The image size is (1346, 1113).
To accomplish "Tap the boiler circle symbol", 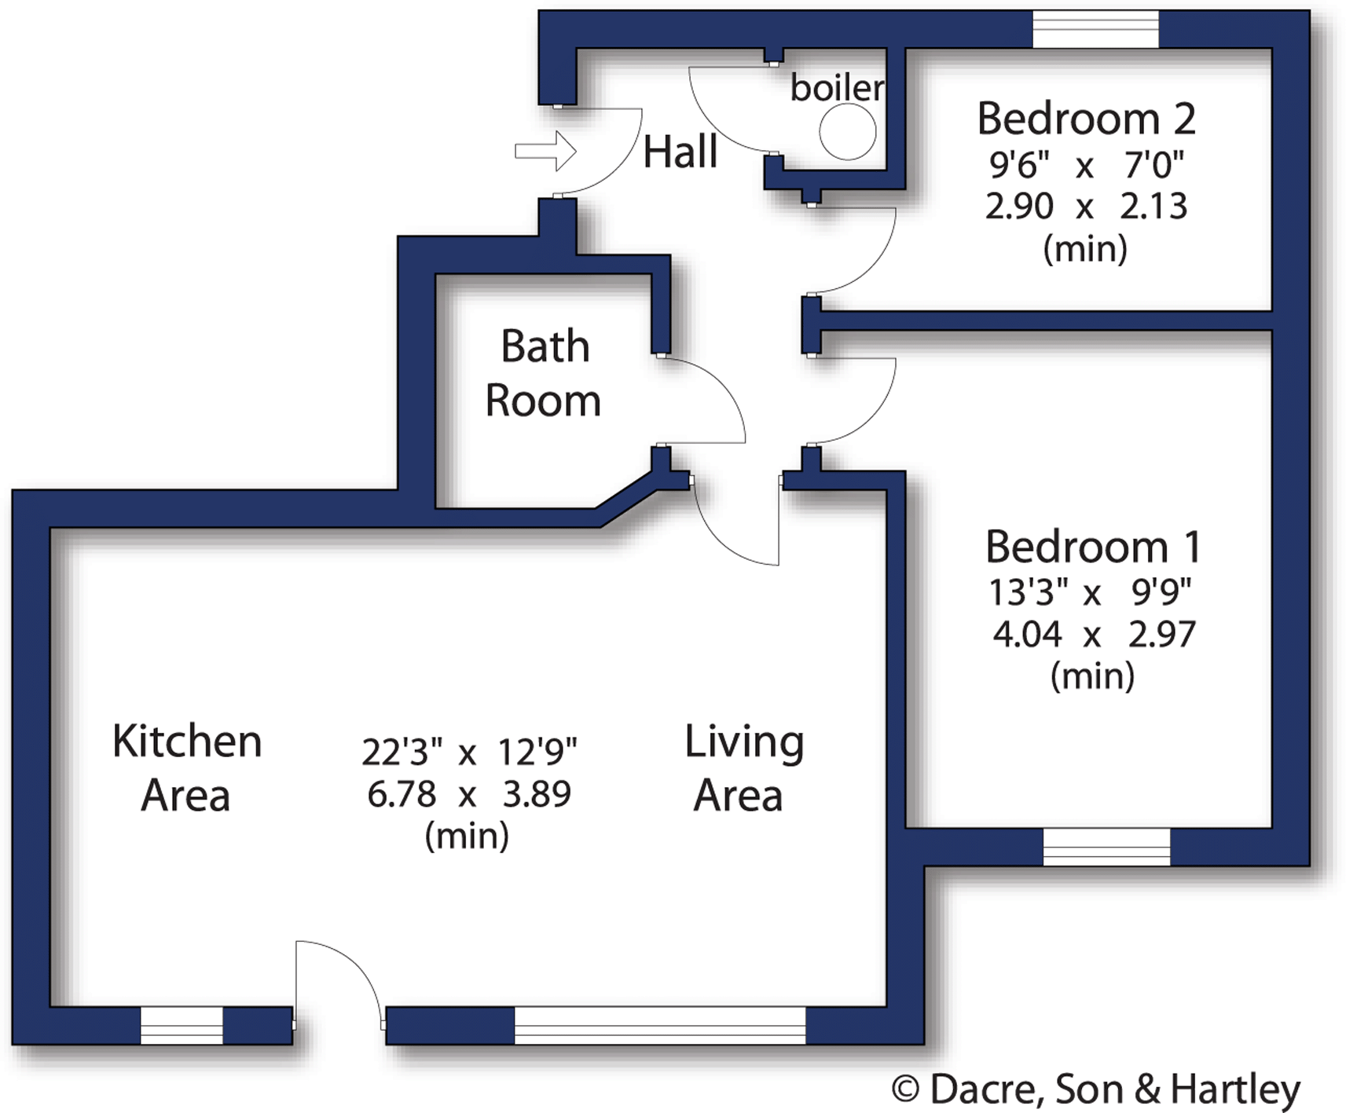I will tap(847, 132).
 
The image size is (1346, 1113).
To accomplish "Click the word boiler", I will tap(836, 87).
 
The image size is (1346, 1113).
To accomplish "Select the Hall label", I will tap(680, 152).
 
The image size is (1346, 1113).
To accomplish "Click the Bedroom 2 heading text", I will tap(1086, 119).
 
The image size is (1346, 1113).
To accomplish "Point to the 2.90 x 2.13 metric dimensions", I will tap(1086, 206).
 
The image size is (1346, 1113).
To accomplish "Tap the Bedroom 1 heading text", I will tap(1092, 547).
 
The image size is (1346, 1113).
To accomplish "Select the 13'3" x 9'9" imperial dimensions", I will tap(1090, 592).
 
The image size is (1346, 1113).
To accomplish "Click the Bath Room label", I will tap(544, 373).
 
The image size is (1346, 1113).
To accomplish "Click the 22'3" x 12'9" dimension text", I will tap(468, 752).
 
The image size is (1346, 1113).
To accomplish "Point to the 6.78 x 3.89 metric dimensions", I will tap(468, 794).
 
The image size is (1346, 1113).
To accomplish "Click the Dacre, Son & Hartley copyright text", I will tap(1096, 1089).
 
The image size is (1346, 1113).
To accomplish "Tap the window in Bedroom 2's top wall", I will tap(1095, 30).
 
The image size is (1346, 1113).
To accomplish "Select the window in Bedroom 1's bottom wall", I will tap(1106, 847).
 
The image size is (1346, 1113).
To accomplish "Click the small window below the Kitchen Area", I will tap(182, 1025).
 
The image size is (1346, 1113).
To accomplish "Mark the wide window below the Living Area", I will tap(660, 1025).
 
